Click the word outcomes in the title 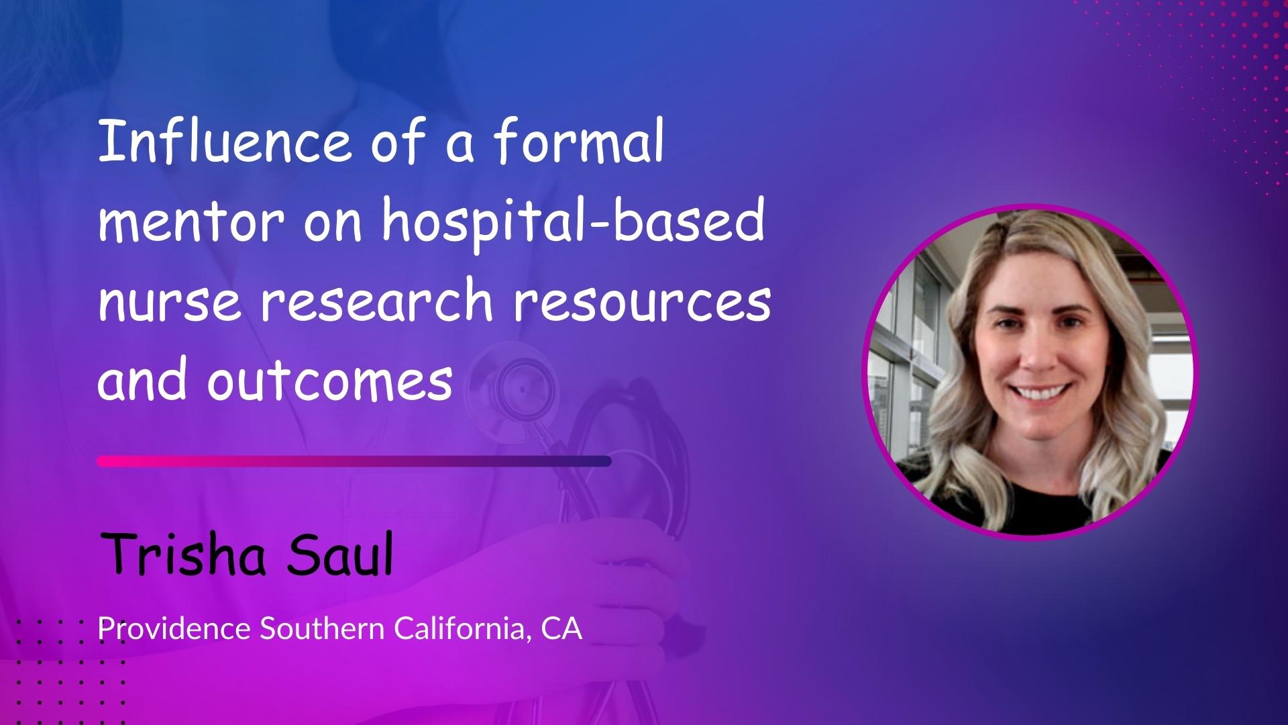(x=329, y=380)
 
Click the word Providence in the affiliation (x=175, y=629)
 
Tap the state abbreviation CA (x=562, y=629)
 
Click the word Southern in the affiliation (x=323, y=629)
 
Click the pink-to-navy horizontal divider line (x=354, y=461)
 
